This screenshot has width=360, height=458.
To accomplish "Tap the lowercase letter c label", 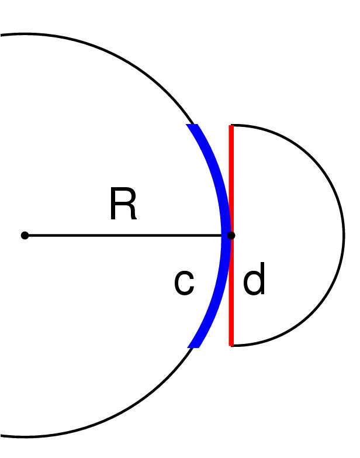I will click(184, 283).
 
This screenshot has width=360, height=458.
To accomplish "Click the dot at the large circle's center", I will click(25, 235).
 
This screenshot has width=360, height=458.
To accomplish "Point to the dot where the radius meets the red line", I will click(231, 235).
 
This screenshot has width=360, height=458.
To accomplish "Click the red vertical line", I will click(231, 175).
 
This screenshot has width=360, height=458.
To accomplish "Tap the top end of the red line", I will click(231, 126).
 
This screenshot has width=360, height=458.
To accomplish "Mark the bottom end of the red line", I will click(231, 345).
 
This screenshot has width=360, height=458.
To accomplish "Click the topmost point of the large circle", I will click(25, 35).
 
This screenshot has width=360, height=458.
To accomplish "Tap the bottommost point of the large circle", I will click(25, 436).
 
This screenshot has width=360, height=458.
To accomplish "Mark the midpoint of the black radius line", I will click(128, 235).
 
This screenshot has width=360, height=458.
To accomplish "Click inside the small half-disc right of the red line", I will click(286, 234).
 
